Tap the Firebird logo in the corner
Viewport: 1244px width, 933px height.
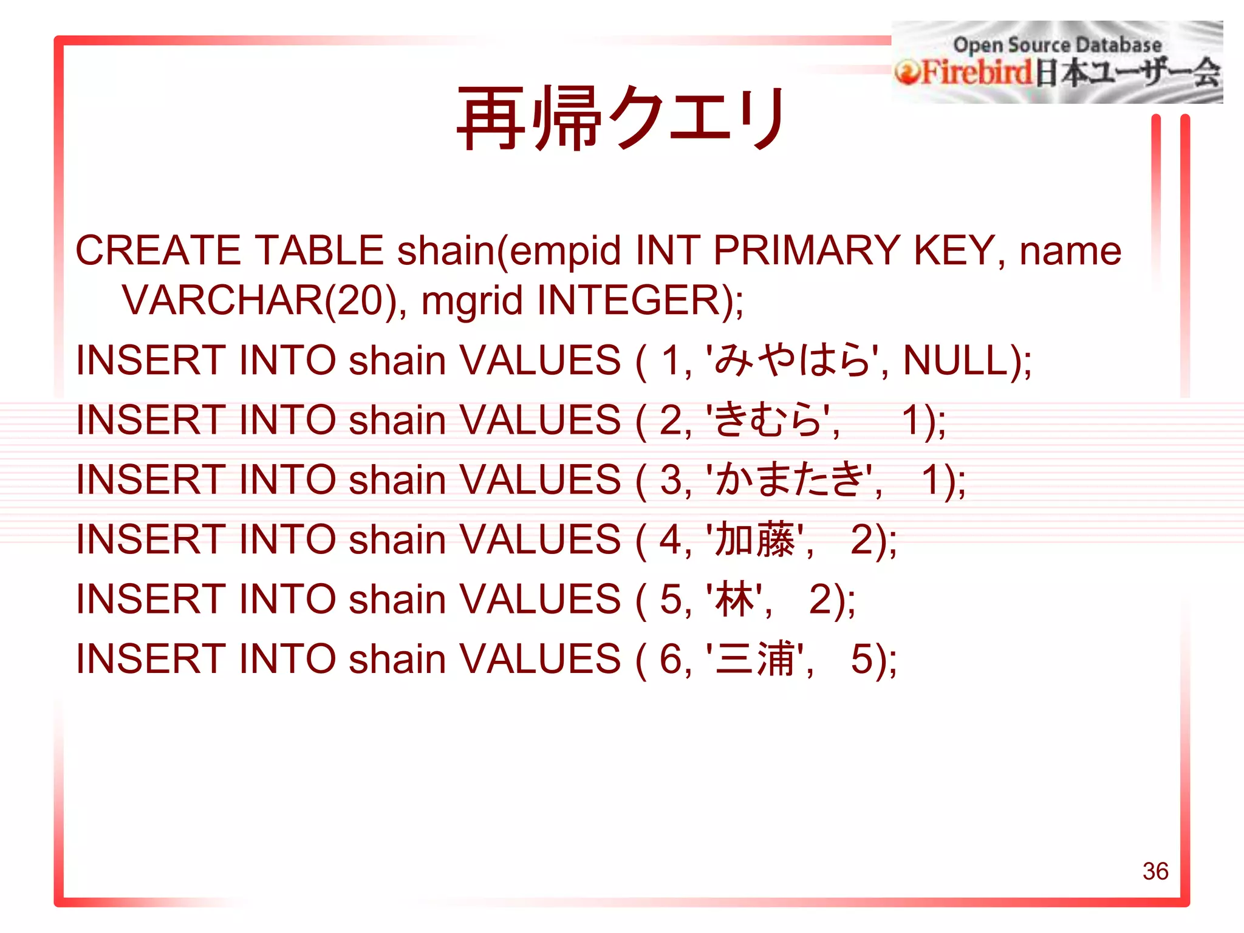[x=1057, y=63]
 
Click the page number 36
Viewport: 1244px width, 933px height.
[x=1155, y=871]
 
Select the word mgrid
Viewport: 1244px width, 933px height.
[x=472, y=300]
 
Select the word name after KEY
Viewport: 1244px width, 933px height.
[x=1070, y=250]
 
